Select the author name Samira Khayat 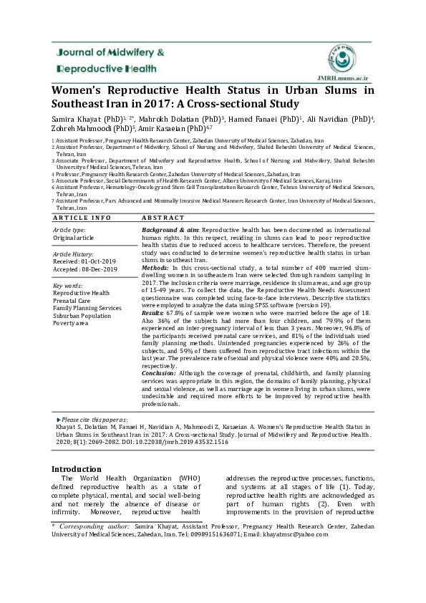coord(72,117)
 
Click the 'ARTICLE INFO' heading coord(83,217)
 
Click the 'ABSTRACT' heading coord(163,217)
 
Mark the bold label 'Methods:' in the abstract coord(155,266)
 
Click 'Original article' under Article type coord(74,236)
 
